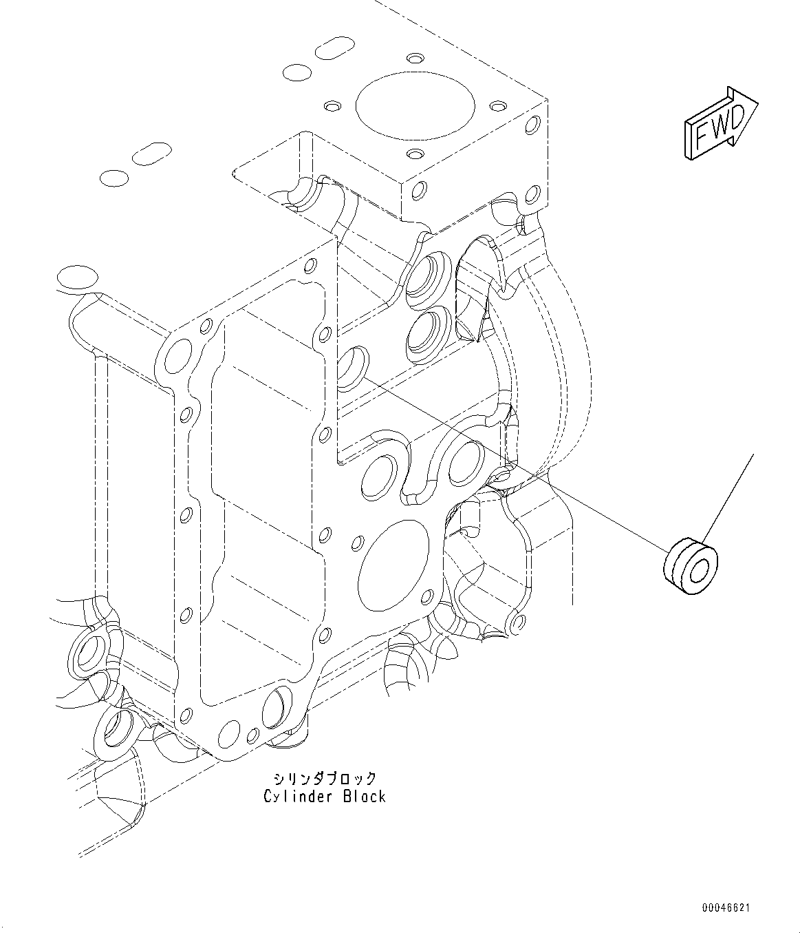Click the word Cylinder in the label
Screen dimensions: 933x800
tap(296, 797)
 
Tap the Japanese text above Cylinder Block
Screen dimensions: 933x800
tap(325, 779)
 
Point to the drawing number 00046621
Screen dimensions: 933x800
tap(725, 908)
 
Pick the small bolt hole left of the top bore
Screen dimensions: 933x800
tap(333, 106)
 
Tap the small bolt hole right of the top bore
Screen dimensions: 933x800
tap(496, 107)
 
